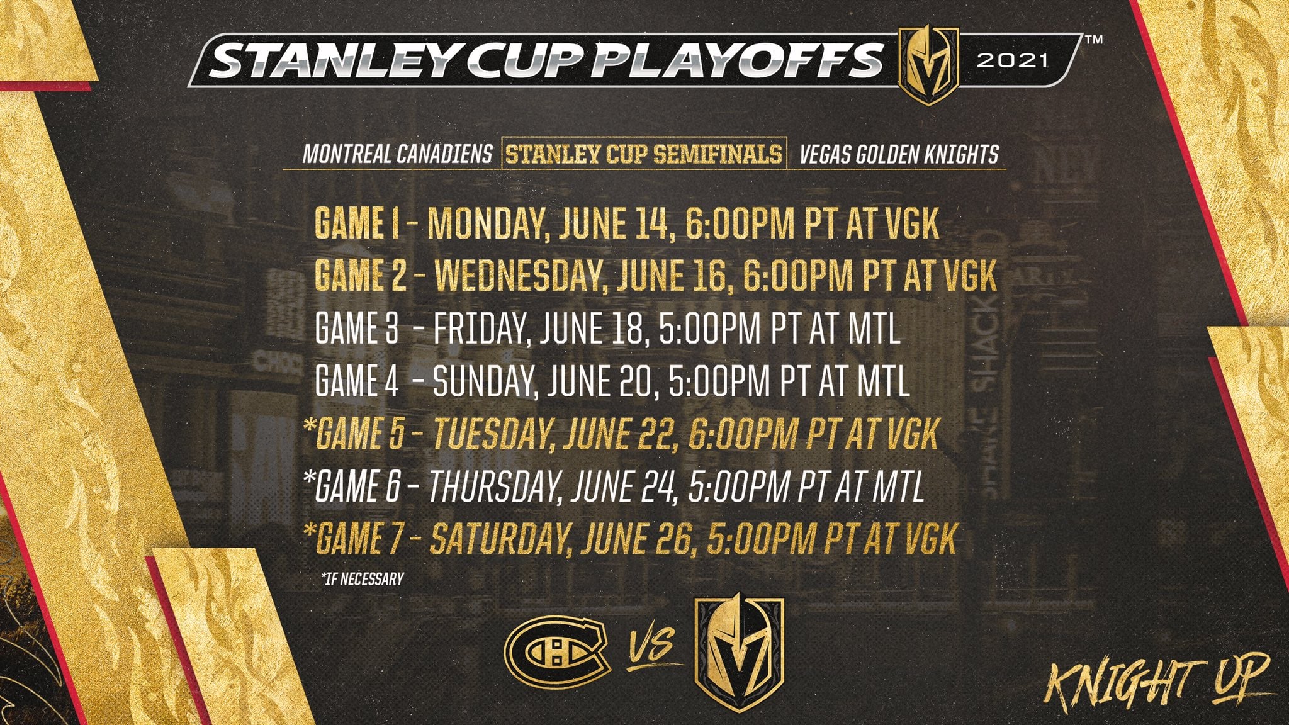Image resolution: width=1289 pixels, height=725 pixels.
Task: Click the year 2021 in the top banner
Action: pos(1012,60)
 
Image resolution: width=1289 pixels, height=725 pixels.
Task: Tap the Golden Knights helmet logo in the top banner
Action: pos(928,65)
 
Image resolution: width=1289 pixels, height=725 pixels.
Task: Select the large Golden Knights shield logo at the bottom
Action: pos(739,655)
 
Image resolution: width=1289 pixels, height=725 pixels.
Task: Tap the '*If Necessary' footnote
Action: pos(362,578)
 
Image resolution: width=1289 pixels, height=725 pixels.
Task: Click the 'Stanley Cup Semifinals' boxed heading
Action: pos(643,154)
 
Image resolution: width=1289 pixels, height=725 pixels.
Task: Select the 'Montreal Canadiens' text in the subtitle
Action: pos(397,154)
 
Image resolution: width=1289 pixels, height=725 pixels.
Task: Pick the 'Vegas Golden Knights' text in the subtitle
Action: pos(899,154)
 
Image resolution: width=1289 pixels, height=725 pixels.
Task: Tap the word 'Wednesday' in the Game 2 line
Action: pos(521,275)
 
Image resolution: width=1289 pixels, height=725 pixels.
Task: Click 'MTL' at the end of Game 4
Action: pos(883,381)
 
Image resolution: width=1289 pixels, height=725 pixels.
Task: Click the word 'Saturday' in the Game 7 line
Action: pos(500,539)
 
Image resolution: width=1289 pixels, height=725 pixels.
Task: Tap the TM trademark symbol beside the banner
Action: pos(1095,40)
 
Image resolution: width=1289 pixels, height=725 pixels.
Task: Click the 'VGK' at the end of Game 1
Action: pos(911,223)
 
